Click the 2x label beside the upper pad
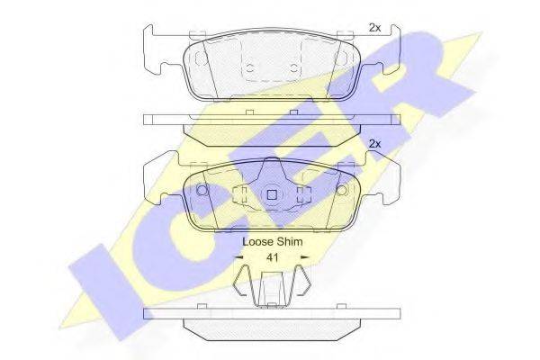pyautogui.click(x=374, y=28)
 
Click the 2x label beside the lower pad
pyautogui.click(x=374, y=144)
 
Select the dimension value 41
pyautogui.click(x=273, y=257)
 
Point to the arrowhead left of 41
pyautogui.click(x=238, y=257)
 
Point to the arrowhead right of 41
pyautogui.click(x=305, y=257)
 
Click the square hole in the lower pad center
pyautogui.click(x=272, y=195)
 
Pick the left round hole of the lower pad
pyautogui.click(x=202, y=190)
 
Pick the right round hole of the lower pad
pyautogui.click(x=341, y=190)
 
